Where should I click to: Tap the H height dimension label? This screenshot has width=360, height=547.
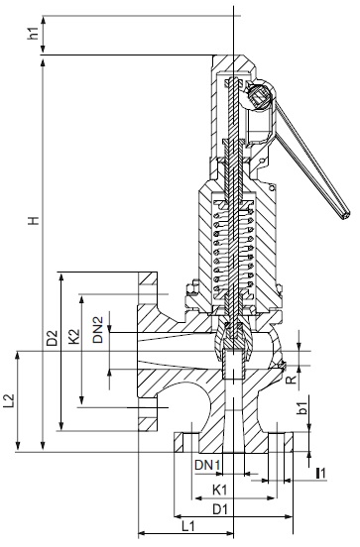pos(34,220)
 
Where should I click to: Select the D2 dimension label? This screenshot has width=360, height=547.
pos(52,337)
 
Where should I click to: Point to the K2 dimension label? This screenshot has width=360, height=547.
pos(74,337)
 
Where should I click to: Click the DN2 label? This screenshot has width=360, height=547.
pos(98,330)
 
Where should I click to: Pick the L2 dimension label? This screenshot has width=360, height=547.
pos(8,400)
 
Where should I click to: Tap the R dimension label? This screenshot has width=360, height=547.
pos(292,380)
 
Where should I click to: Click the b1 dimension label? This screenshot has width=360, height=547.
pos(301,408)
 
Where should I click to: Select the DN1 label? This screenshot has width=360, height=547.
pos(207,465)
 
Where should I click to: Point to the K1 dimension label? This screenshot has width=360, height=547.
pos(220,490)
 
